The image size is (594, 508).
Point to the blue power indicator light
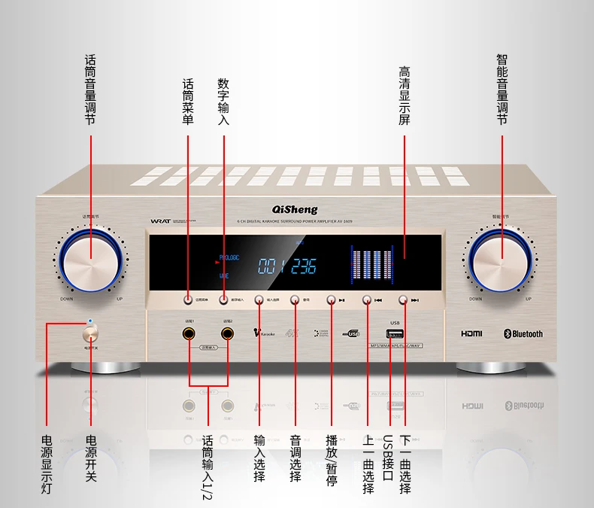tap(91, 322)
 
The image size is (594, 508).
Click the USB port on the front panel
tap(395, 333)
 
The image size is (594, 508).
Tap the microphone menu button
tap(188, 300)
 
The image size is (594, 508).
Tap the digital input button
tap(224, 300)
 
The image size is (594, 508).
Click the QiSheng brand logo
tap(294, 209)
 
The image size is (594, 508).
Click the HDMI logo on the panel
tap(473, 333)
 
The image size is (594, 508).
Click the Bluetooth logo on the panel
tap(523, 333)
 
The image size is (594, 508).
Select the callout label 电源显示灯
tap(47, 464)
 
